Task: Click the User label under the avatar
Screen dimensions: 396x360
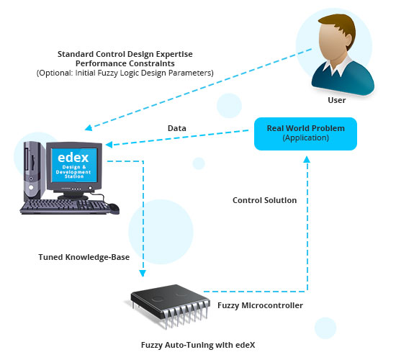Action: pyautogui.click(x=337, y=100)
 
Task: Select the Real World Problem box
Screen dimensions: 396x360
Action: pyautogui.click(x=305, y=134)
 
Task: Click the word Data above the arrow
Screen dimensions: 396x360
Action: pyautogui.click(x=177, y=128)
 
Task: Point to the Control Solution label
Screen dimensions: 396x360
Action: pyautogui.click(x=264, y=200)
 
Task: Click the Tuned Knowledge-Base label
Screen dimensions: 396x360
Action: pyautogui.click(x=84, y=257)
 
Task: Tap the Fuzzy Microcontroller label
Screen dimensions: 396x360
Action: pyautogui.click(x=260, y=305)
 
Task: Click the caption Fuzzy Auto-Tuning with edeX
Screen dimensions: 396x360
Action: pyautogui.click(x=198, y=345)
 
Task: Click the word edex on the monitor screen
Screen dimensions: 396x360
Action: pyautogui.click(x=73, y=158)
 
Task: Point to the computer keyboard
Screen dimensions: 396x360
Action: pyautogui.click(x=65, y=207)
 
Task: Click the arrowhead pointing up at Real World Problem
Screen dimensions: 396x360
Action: pyautogui.click(x=307, y=159)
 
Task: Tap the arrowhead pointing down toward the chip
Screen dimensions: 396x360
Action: pyautogui.click(x=143, y=274)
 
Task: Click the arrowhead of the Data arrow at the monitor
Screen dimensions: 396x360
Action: pyautogui.click(x=109, y=145)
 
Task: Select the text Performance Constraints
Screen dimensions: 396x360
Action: pyautogui.click(x=125, y=63)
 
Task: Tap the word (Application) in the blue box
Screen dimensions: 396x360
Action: pyautogui.click(x=305, y=138)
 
